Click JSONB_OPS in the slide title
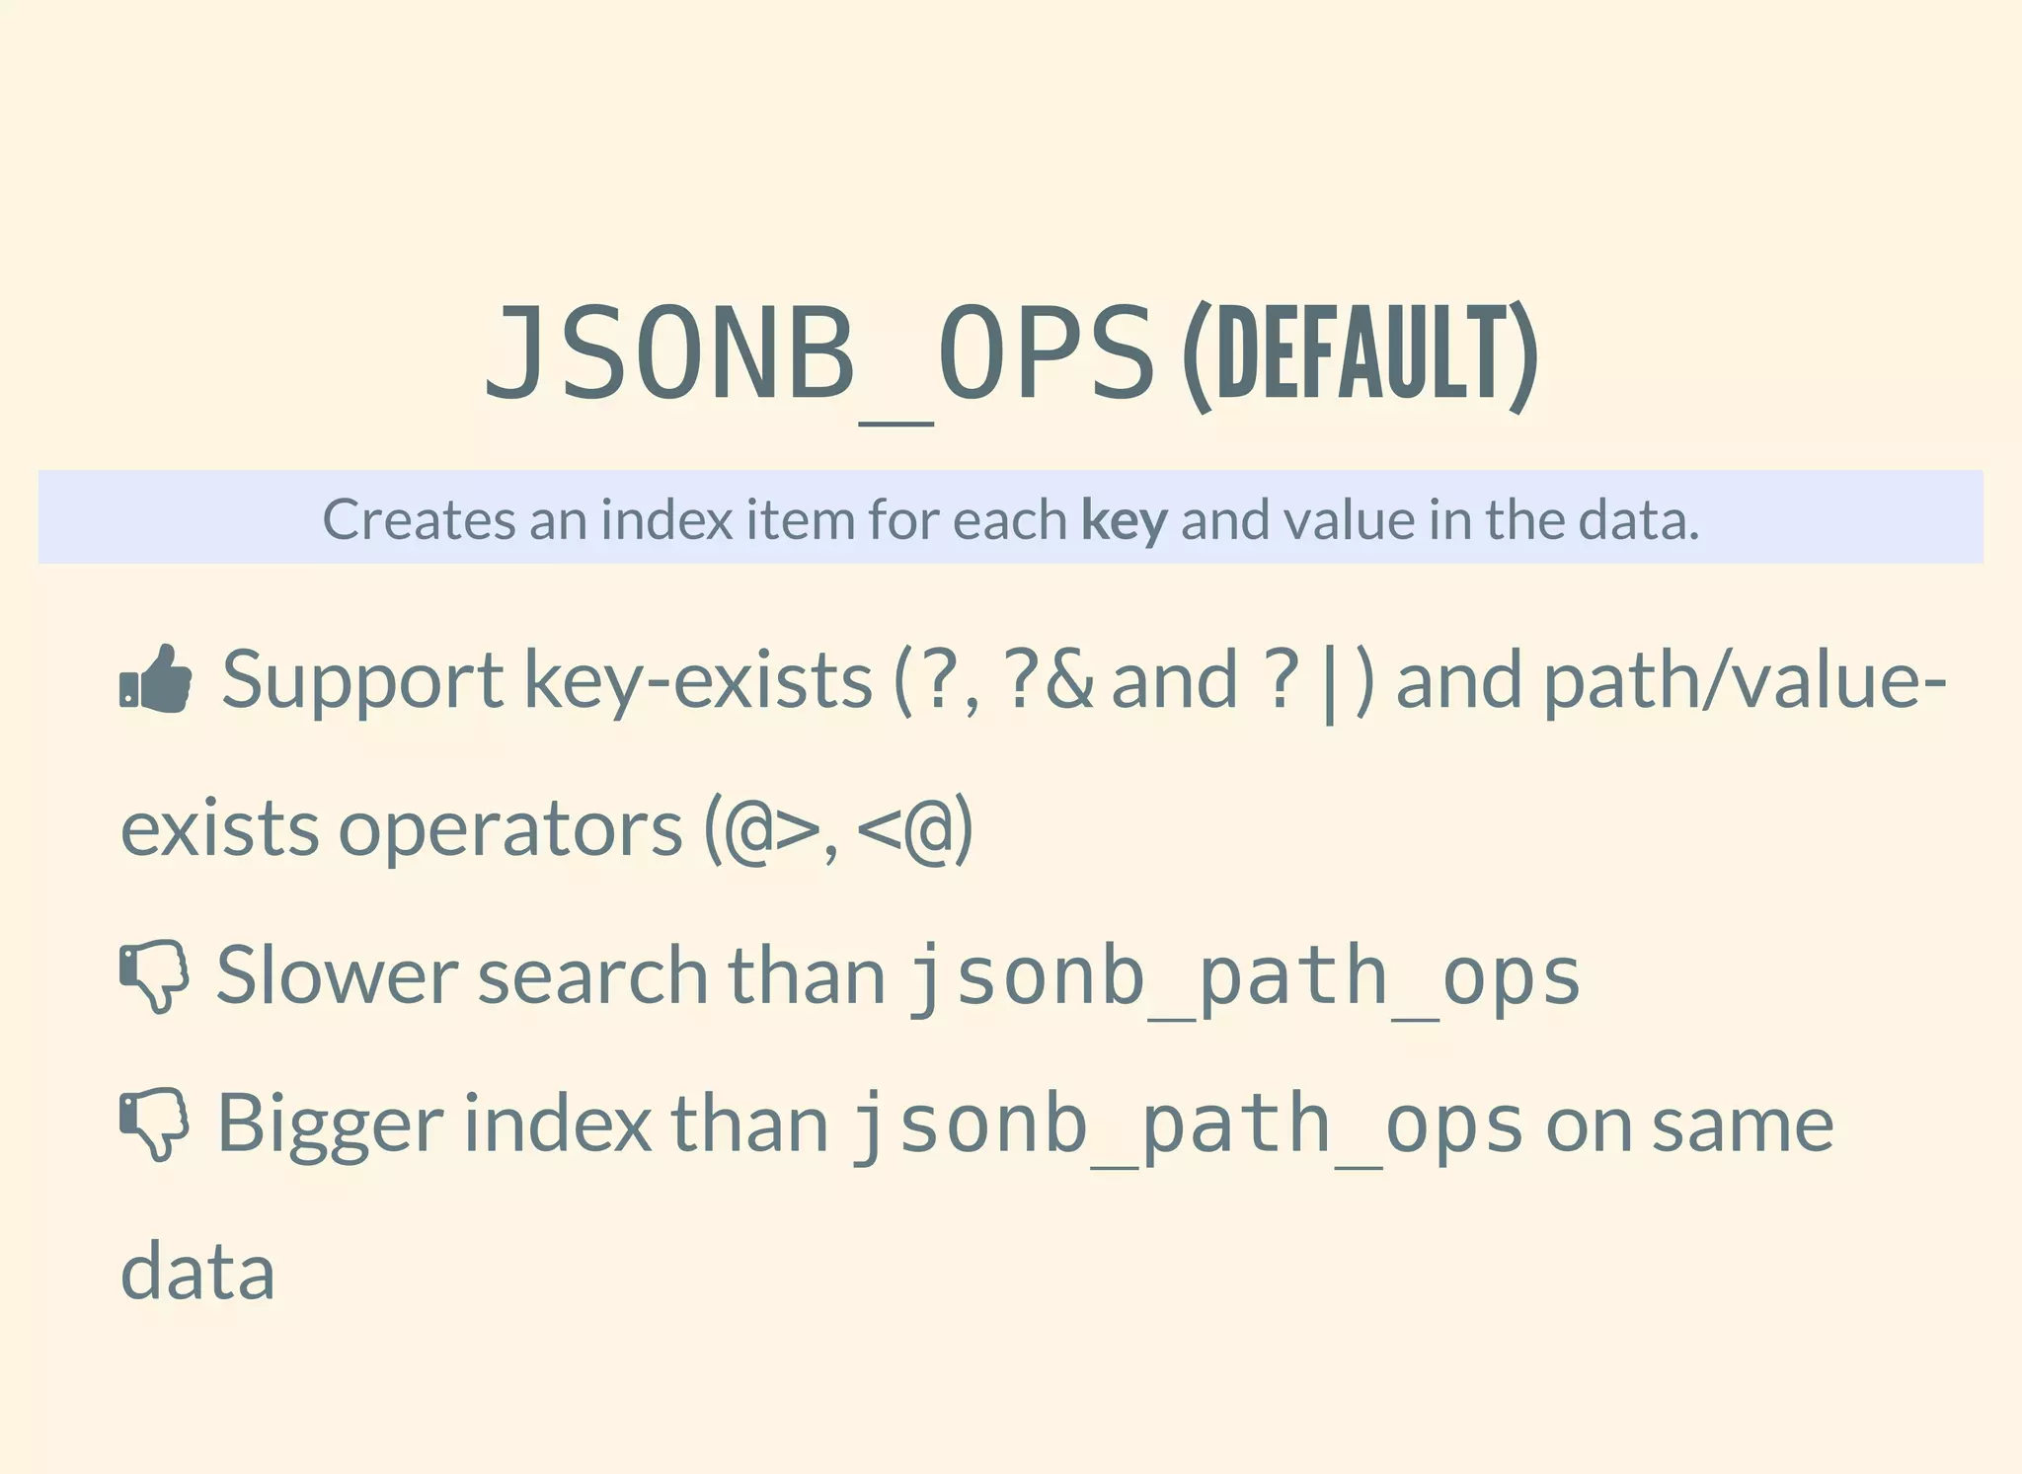pos(818,353)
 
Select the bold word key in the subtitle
pos(1125,519)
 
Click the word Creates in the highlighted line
pos(418,519)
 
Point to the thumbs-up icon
pos(156,678)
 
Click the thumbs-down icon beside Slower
pos(154,975)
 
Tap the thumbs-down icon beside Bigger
pos(154,1124)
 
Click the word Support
pos(362,681)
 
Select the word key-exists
pos(698,681)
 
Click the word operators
pos(510,829)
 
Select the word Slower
pos(337,975)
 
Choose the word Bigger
pos(331,1125)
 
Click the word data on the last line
pos(197,1272)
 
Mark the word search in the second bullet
pos(592,975)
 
